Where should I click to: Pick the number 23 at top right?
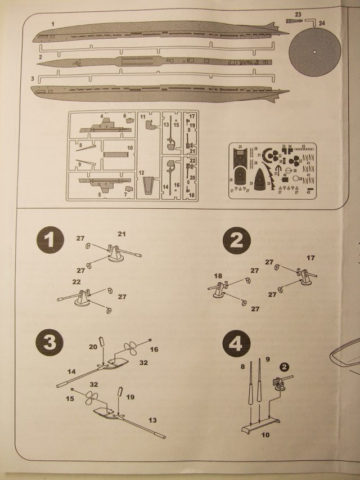pyautogui.click(x=298, y=13)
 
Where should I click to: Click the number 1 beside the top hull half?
pyautogui.click(x=52, y=23)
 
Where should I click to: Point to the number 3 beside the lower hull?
pyautogui.click(x=33, y=78)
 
